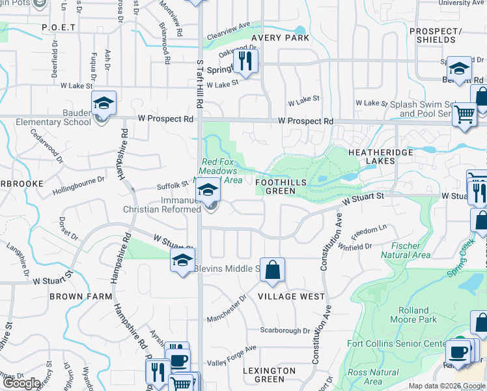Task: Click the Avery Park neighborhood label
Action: pyautogui.click(x=281, y=38)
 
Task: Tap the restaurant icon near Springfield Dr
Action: pyautogui.click(x=245, y=61)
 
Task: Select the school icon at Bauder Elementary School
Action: pyautogui.click(x=103, y=103)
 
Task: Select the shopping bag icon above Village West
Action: pyautogui.click(x=272, y=269)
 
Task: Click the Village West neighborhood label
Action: pyautogui.click(x=291, y=297)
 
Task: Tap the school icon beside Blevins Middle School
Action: pyautogui.click(x=183, y=261)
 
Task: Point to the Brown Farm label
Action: pyautogui.click(x=76, y=297)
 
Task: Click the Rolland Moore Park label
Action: pyautogui.click(x=413, y=315)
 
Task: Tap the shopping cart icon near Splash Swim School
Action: pyautogui.click(x=464, y=114)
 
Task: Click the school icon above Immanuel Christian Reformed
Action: pyautogui.click(x=208, y=190)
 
